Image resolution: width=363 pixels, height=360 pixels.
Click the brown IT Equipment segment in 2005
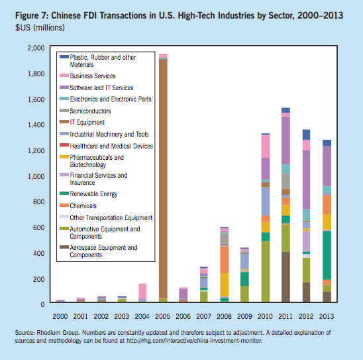pos(163,178)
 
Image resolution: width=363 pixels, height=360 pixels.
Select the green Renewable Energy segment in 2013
pos(327,255)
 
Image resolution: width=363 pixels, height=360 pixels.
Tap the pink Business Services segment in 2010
pos(266,146)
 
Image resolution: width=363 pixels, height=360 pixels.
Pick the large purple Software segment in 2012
pos(306,180)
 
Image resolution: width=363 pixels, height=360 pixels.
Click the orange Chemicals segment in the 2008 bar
pos(224,260)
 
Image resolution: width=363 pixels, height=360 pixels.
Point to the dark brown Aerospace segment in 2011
pos(285,277)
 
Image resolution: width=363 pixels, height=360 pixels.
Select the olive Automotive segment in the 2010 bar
pos(266,272)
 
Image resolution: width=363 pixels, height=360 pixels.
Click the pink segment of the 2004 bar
pos(142,291)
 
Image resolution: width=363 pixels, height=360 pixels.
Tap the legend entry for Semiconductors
pos(85,111)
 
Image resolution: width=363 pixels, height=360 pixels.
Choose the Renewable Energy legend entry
pos(89,194)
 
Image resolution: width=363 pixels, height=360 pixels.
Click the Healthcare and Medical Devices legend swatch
pos(64,145)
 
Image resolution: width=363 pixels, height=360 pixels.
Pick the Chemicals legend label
pos(83,206)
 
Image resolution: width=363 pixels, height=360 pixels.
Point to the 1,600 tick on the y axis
pos(36,99)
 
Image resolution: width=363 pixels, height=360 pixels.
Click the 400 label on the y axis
pos(39,253)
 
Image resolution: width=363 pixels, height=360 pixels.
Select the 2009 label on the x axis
pos(244,316)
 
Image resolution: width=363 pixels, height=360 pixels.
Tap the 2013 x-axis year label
pos(327,316)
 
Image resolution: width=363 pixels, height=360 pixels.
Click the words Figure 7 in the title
pos(32,16)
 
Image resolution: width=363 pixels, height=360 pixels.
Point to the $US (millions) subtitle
pos(40,28)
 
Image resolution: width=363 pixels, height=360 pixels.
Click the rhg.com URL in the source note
pos(194,341)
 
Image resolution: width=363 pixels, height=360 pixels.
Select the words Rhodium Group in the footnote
pos(58,333)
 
